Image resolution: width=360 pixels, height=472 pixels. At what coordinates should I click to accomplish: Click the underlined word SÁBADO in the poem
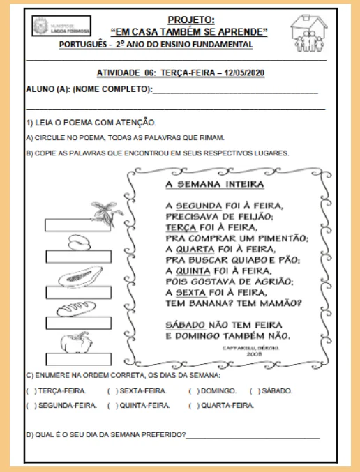click(186, 325)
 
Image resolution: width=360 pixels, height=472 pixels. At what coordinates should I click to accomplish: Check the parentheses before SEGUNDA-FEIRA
click(30, 405)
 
